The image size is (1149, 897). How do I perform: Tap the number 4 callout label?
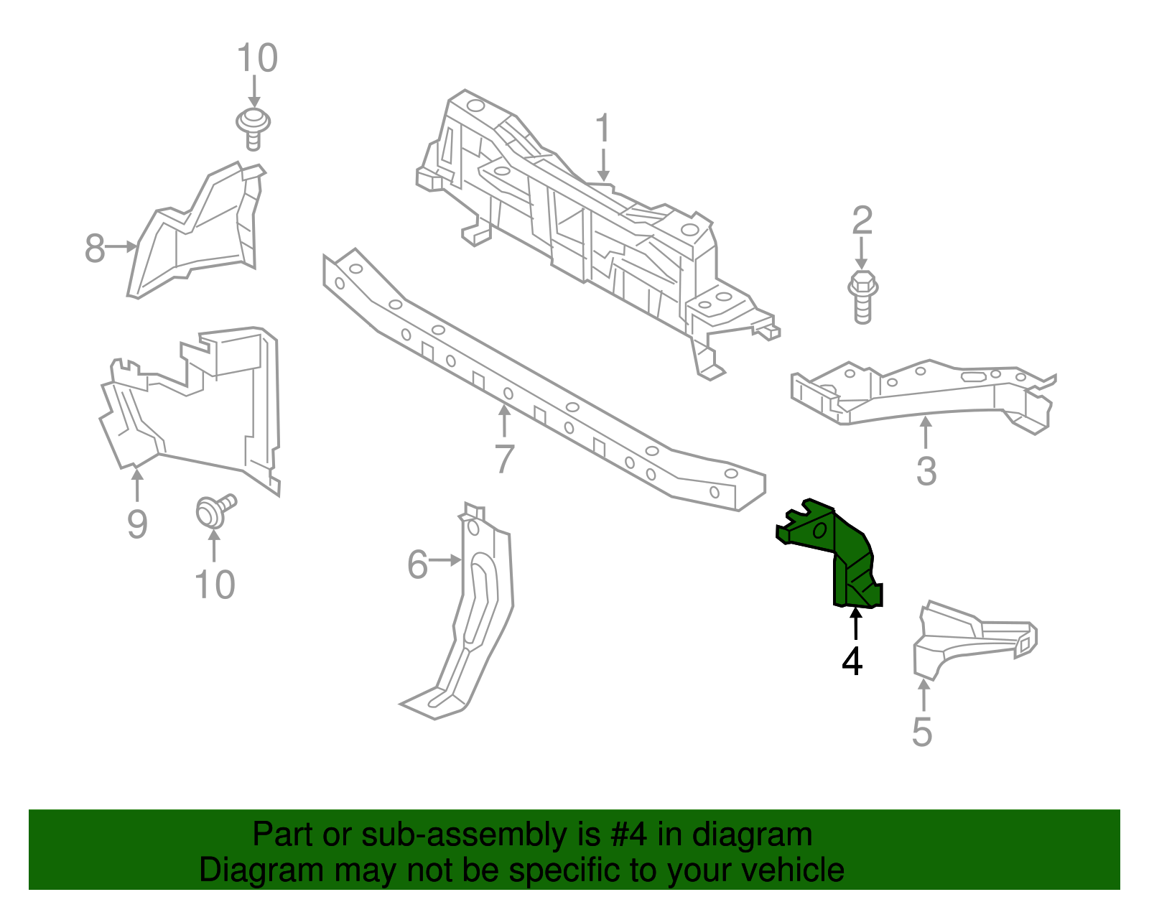point(852,661)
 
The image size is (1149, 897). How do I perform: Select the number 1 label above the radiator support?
point(603,129)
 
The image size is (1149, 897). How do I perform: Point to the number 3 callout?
point(926,472)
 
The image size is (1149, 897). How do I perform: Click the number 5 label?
point(922,732)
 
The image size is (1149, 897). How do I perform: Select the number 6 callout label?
point(417,564)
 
